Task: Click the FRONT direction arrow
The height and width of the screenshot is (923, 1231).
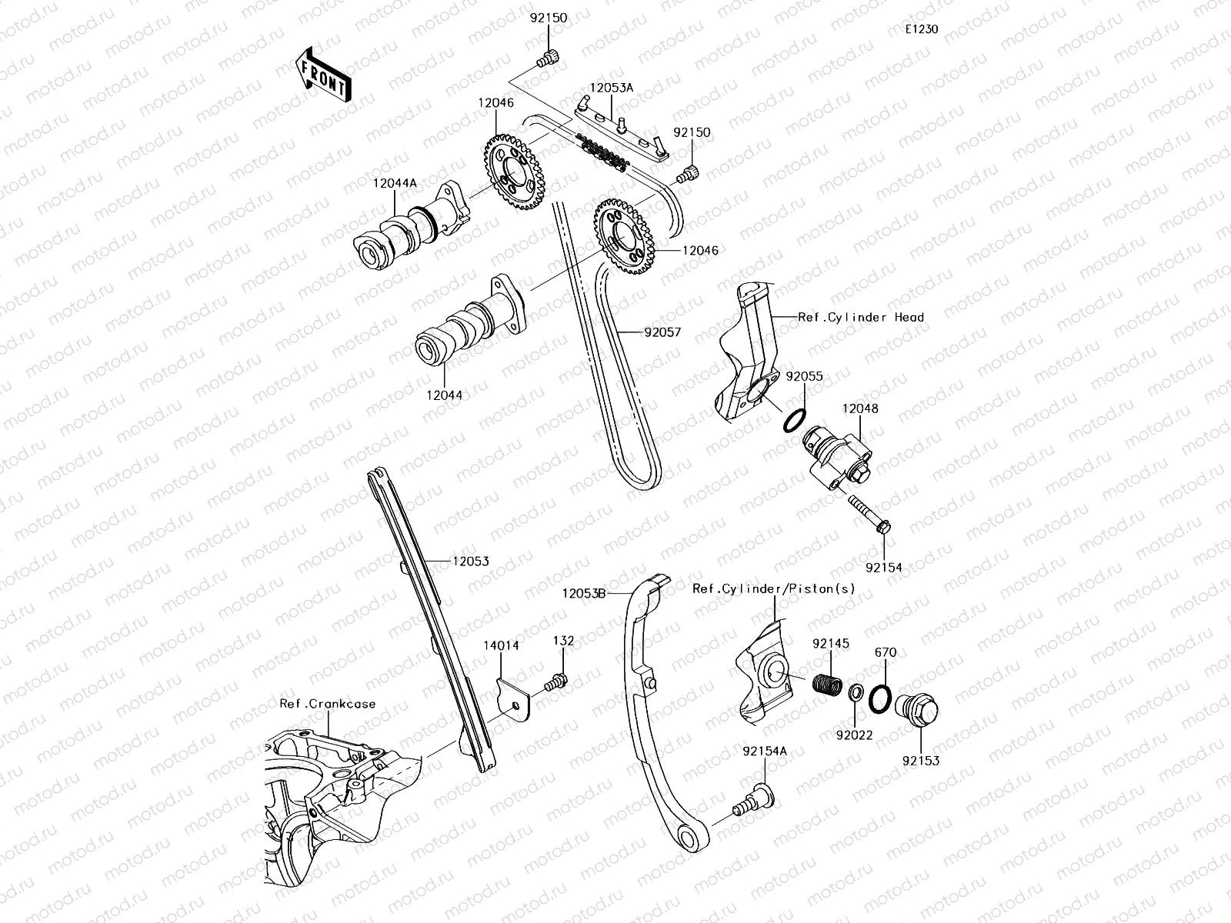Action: [x=322, y=75]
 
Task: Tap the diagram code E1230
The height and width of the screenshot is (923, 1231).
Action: [x=921, y=30]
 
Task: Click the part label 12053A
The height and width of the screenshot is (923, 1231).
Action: [x=611, y=88]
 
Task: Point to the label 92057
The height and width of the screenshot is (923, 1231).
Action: [x=662, y=333]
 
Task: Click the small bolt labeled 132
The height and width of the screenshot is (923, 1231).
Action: [x=555, y=682]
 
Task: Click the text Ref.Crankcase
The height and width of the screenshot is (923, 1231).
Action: [x=327, y=704]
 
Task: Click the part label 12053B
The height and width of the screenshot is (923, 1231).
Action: [x=584, y=593]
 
